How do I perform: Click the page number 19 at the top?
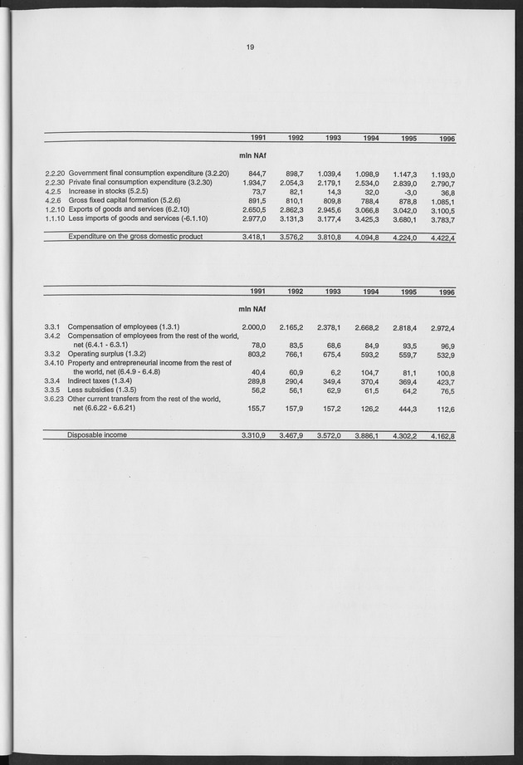(249, 47)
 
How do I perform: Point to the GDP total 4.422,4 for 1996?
(442, 238)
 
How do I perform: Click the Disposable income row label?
(97, 434)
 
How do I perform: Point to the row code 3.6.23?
(55, 399)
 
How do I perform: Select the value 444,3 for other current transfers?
(405, 409)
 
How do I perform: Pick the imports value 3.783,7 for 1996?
(442, 220)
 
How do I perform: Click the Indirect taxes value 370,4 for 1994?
(369, 380)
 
